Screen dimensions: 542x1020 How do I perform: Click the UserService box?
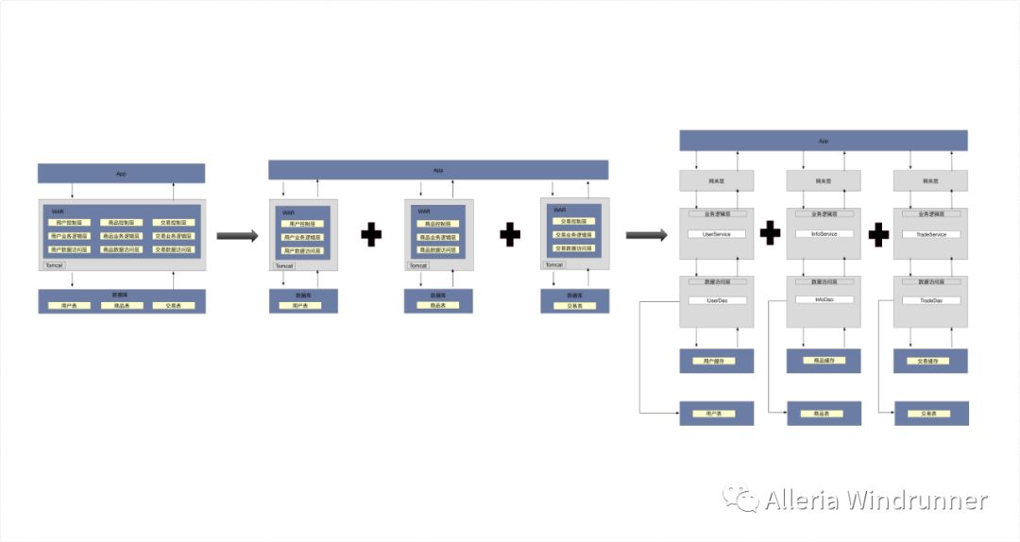pyautogui.click(x=717, y=234)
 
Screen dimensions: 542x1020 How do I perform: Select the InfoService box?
pyautogui.click(x=824, y=234)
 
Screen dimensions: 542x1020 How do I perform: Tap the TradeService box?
pyautogui.click(x=930, y=234)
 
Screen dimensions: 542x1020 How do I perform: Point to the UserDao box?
pyautogui.click(x=717, y=300)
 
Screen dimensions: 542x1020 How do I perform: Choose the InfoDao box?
pyautogui.click(x=824, y=300)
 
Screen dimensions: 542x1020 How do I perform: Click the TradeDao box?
pyautogui.click(x=930, y=300)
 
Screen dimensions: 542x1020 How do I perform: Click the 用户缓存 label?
pyautogui.click(x=717, y=361)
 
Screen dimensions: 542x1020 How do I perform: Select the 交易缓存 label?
pyautogui.click(x=930, y=361)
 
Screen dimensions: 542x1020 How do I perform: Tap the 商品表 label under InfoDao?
pyautogui.click(x=824, y=414)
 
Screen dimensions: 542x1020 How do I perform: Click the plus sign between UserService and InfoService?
pyautogui.click(x=771, y=232)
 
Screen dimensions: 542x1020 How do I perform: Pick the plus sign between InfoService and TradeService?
pyautogui.click(x=879, y=232)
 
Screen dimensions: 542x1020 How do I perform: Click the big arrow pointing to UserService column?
pyautogui.click(x=646, y=235)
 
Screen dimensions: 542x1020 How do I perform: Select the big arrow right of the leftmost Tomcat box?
pyautogui.click(x=237, y=235)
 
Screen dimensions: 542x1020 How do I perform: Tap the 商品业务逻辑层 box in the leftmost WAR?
pyautogui.click(x=121, y=236)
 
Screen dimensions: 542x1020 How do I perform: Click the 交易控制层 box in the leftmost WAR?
pyautogui.click(x=174, y=223)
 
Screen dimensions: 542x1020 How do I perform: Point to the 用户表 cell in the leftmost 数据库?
pyautogui.click(x=69, y=306)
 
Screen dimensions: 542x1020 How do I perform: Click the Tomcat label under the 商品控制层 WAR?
pyautogui.click(x=418, y=266)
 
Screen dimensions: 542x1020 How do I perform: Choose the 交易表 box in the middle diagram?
pyautogui.click(x=574, y=306)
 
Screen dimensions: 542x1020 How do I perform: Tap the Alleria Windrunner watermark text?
pyautogui.click(x=875, y=500)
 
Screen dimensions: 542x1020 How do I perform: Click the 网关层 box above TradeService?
pyautogui.click(x=930, y=179)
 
